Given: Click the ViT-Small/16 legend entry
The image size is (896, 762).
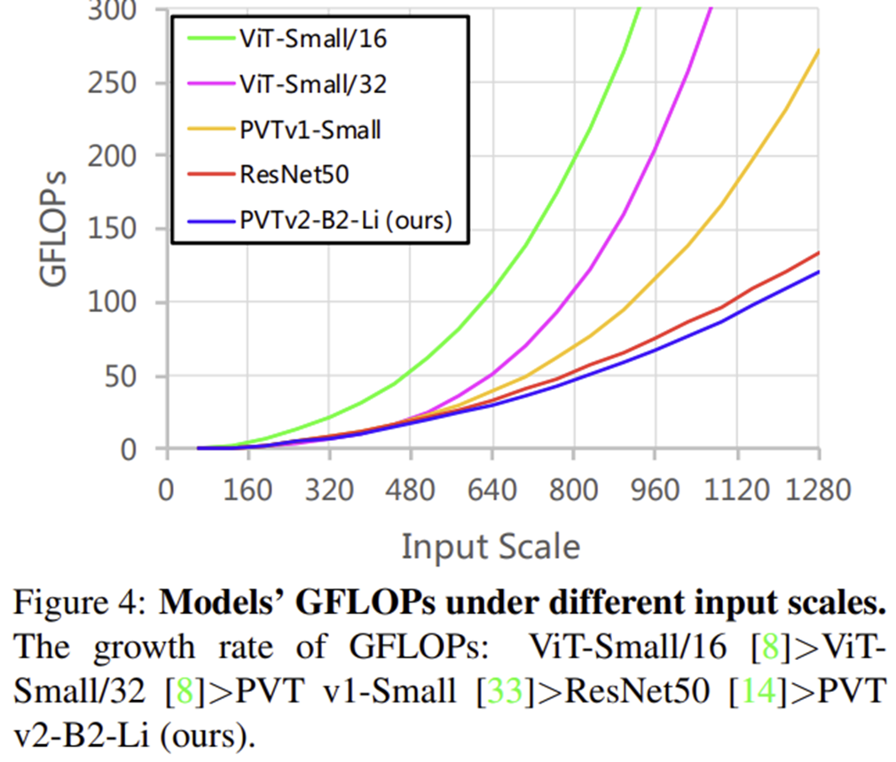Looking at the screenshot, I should click(312, 39).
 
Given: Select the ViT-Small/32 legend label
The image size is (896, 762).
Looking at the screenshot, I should click(312, 84).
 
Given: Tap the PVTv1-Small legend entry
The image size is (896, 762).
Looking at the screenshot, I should click(310, 130).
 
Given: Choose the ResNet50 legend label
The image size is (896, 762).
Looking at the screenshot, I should click(294, 174).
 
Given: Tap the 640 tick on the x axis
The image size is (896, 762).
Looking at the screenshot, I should click(491, 491).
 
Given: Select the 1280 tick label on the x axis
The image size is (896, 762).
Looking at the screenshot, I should click(817, 491).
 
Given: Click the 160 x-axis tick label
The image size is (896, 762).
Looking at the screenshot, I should click(248, 491).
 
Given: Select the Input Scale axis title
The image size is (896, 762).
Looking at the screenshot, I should click(491, 546).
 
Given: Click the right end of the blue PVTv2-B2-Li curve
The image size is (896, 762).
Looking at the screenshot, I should click(818, 271).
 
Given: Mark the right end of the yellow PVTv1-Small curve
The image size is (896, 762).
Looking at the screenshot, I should click(818, 51).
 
